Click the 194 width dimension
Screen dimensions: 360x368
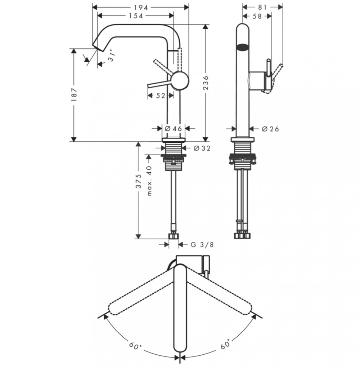click(x=141, y=8)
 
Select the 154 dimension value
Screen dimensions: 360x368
click(x=136, y=16)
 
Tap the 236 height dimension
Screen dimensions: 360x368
click(x=206, y=83)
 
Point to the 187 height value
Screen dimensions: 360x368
click(x=74, y=94)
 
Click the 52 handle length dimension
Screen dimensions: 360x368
click(x=161, y=96)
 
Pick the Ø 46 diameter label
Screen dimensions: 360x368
click(x=174, y=129)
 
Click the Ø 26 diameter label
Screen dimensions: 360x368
click(x=270, y=129)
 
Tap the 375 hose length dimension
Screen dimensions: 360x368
click(x=139, y=181)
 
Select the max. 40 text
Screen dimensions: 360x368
click(x=149, y=181)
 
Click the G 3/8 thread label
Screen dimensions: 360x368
click(x=202, y=245)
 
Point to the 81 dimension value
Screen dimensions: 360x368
click(x=262, y=8)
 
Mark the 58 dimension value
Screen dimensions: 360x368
click(x=257, y=16)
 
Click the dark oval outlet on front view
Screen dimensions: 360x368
click(x=243, y=47)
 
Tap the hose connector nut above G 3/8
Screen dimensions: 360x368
click(x=174, y=236)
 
